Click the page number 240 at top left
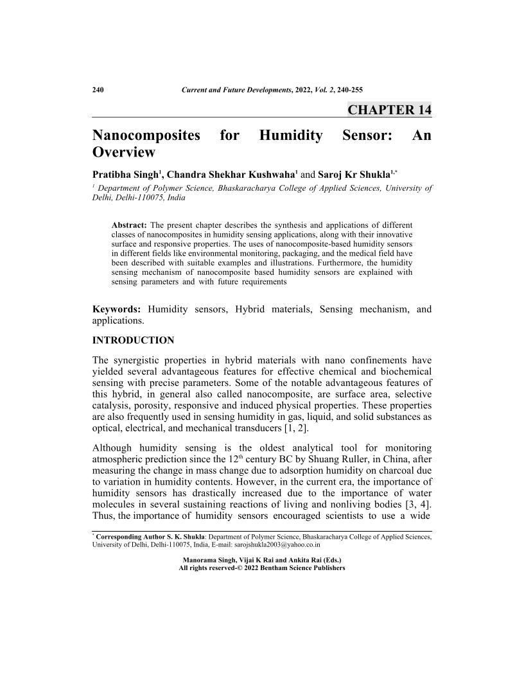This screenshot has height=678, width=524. [99, 89]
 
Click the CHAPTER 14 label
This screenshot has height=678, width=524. [389, 110]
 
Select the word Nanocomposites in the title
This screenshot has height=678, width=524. [145, 135]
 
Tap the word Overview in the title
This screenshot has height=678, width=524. [124, 152]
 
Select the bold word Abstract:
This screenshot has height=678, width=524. [129, 224]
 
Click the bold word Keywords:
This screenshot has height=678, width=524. [117, 309]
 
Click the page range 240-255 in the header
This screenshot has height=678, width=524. [347, 89]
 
